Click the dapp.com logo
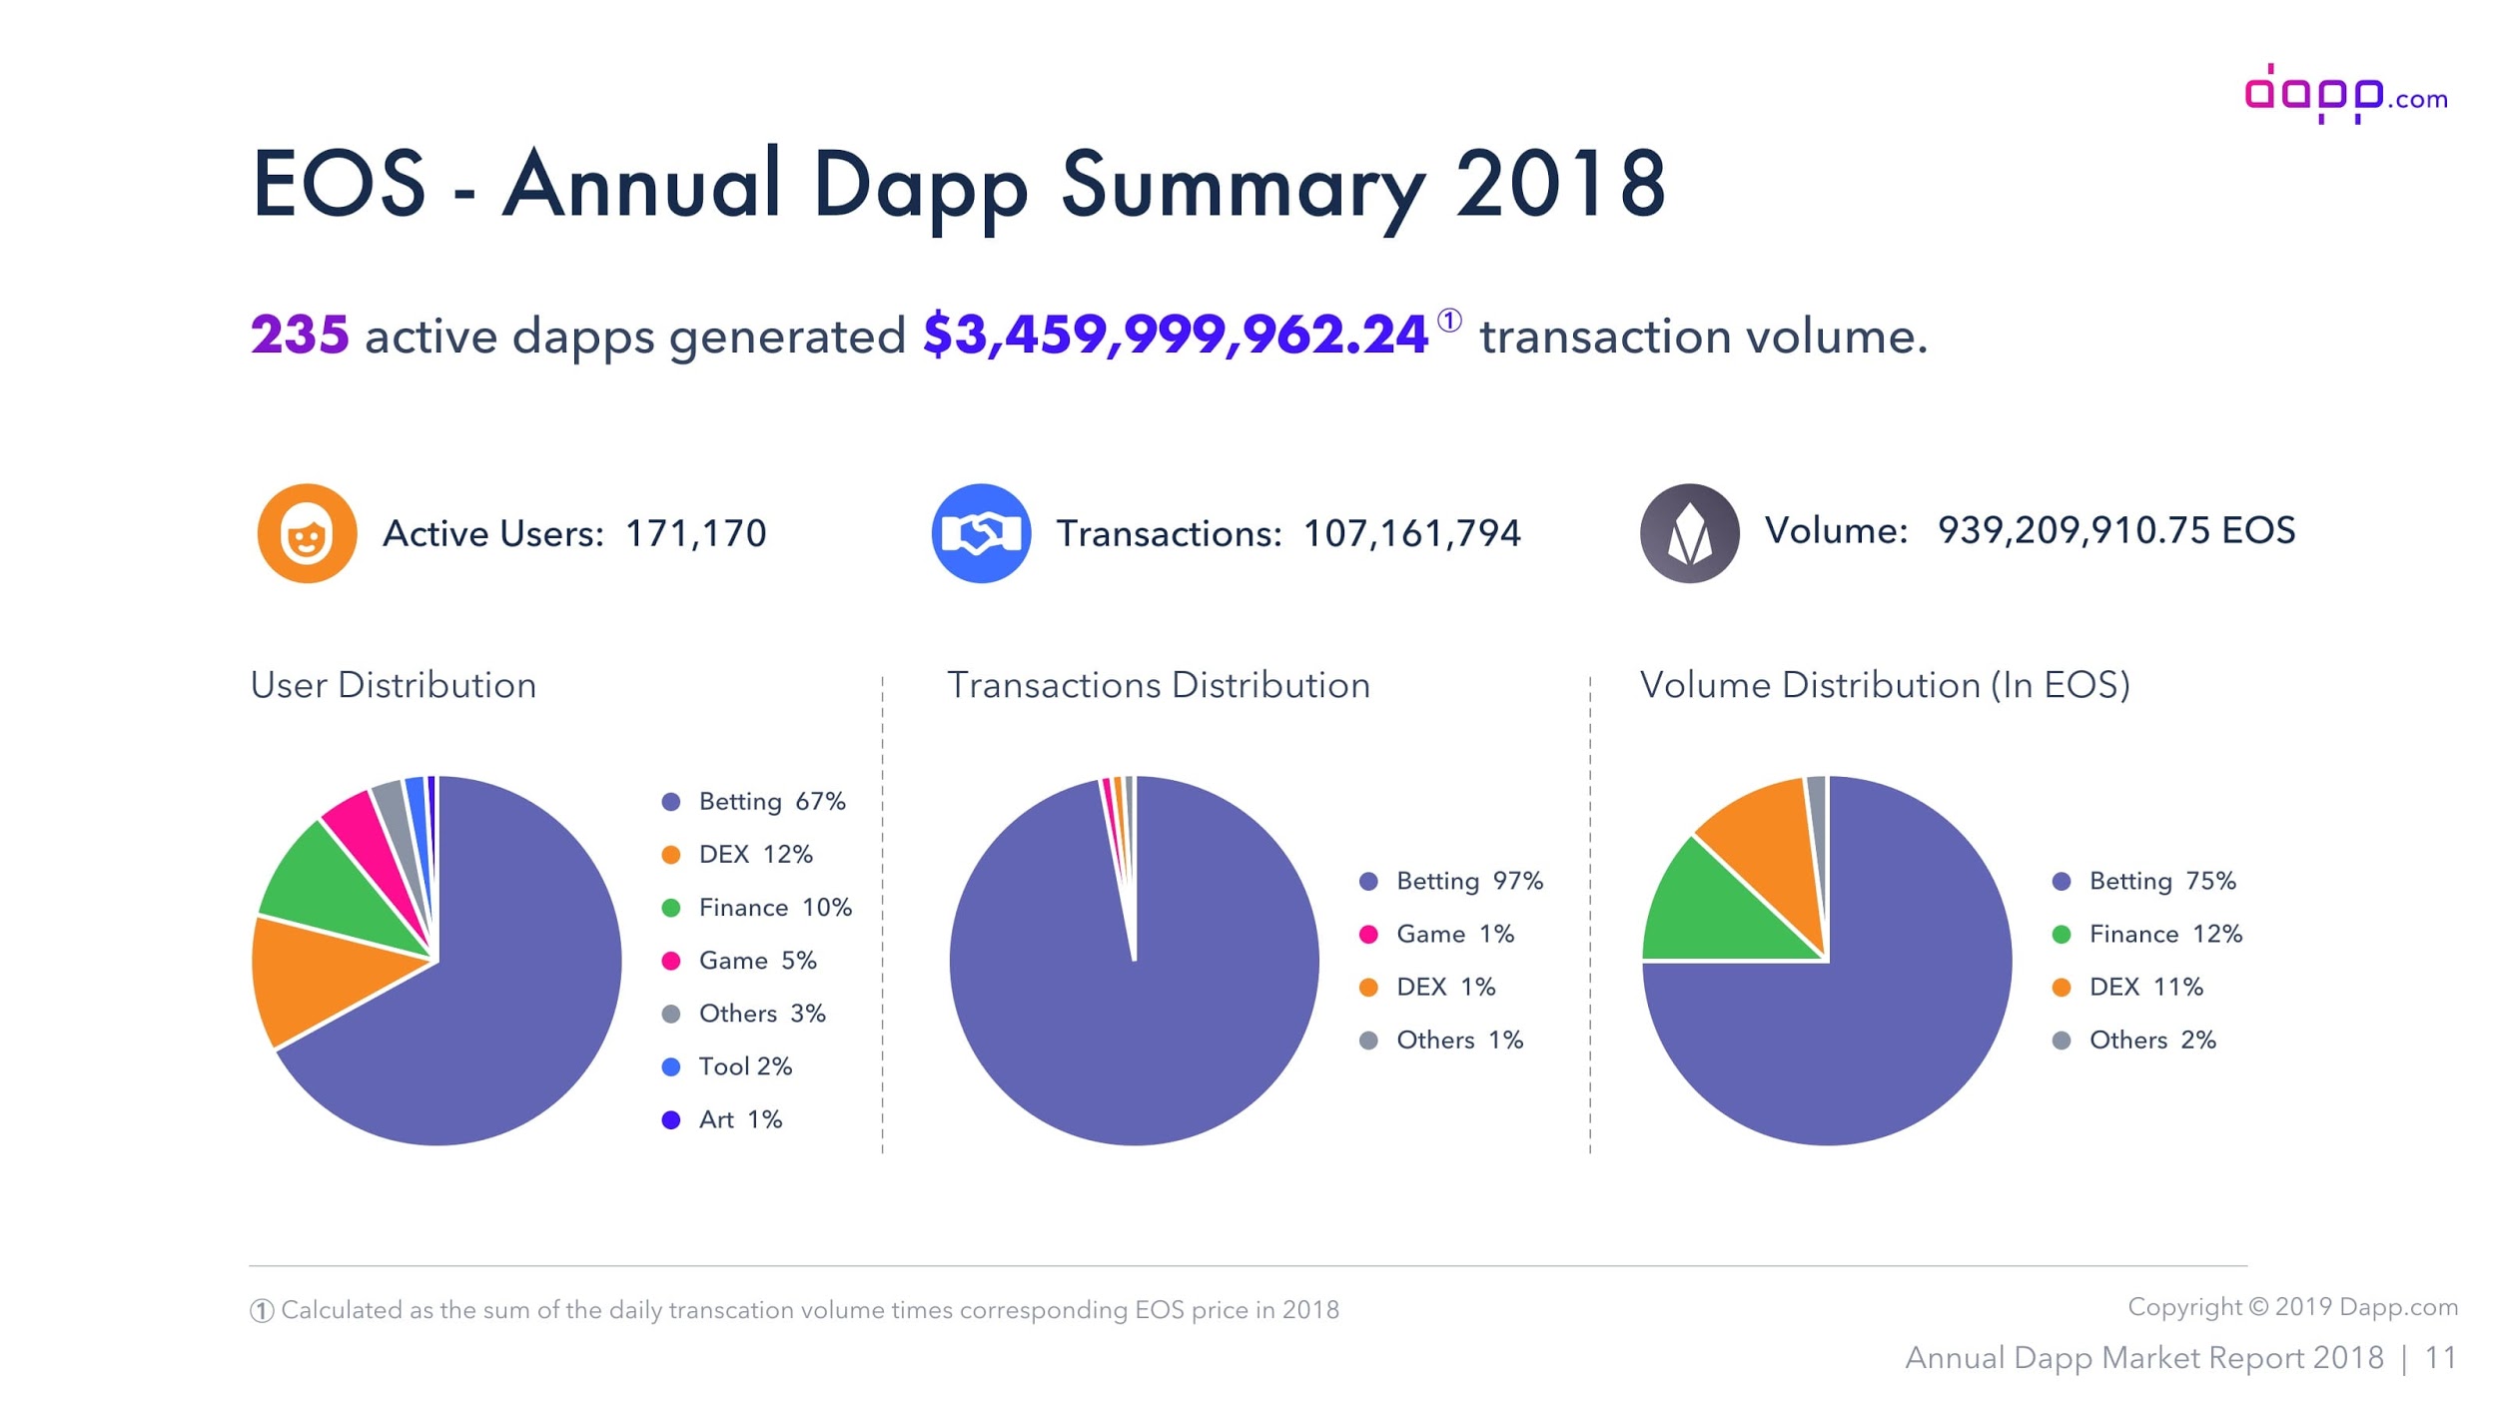pos(2344,95)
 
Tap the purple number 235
pos(299,335)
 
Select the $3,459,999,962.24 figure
pos(1175,335)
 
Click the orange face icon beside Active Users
pos(307,533)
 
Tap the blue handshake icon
pos(981,533)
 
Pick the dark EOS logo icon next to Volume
pos(1688,533)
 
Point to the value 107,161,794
pos(1411,533)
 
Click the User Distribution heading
pos(393,685)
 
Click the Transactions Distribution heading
pos(1158,685)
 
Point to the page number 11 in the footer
pos(2440,1358)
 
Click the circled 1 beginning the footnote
pos(262,1310)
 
